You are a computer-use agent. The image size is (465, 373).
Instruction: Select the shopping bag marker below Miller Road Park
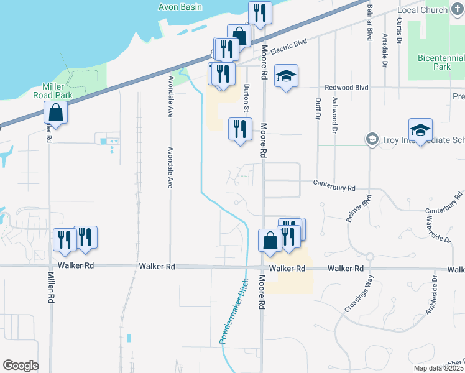[56, 114]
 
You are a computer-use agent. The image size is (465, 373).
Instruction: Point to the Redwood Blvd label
[342, 88]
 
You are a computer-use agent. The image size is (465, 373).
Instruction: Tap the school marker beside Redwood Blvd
[286, 76]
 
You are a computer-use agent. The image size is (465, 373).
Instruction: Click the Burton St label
[246, 99]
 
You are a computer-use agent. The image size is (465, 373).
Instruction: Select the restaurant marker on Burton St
[240, 129]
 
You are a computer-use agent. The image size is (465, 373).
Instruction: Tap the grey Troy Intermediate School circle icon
[372, 138]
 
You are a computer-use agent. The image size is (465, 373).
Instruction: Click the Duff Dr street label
[317, 108]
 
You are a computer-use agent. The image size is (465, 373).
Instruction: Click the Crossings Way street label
[359, 300]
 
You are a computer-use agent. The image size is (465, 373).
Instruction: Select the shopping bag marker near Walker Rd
[270, 241]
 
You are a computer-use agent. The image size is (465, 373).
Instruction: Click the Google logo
[21, 365]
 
